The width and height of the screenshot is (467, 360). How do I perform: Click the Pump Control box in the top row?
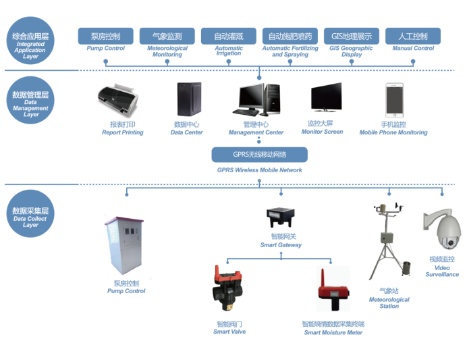coord(105,36)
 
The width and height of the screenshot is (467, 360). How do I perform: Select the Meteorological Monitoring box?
coord(167,36)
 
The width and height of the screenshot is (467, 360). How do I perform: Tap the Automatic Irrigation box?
coord(228,36)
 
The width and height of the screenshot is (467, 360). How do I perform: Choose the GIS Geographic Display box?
coord(352,36)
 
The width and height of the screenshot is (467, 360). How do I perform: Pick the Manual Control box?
coord(413,36)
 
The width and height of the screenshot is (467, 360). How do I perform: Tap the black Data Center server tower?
coord(188,99)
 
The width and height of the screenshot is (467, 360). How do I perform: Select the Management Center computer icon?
coord(256,99)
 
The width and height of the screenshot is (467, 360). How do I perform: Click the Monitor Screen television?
coord(326,97)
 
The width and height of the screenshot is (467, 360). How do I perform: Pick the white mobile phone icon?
coord(394,100)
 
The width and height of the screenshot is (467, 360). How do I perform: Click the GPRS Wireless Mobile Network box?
coord(260,155)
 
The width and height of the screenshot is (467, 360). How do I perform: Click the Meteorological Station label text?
coord(389,299)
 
